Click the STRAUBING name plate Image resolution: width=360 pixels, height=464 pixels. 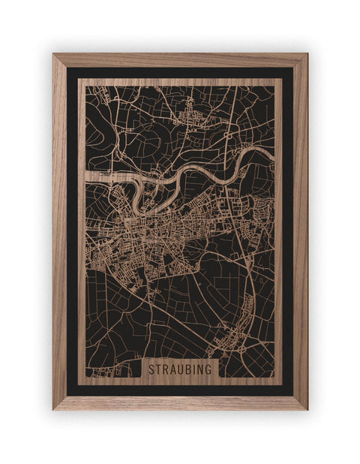coord(180,369)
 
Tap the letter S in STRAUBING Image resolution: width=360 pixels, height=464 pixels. coord(151,369)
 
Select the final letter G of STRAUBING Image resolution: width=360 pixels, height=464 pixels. coord(209,369)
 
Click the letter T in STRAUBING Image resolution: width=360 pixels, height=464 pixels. coord(157,369)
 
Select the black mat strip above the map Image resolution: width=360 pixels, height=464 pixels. coord(180,73)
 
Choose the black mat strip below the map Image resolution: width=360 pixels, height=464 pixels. coord(180,390)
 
